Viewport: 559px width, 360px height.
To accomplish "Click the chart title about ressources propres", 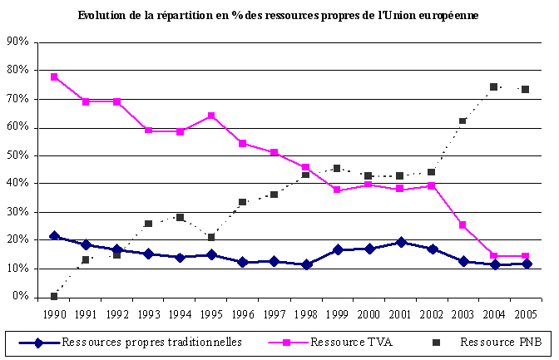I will tap(279, 16).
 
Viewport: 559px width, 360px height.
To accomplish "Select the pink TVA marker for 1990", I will tap(54, 76).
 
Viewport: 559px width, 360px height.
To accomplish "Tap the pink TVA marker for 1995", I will tap(211, 116).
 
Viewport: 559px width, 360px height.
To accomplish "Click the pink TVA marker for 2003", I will tap(463, 224).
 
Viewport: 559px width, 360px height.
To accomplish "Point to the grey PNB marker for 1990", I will tap(54, 296).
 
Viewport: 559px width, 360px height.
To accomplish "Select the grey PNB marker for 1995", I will tap(211, 237).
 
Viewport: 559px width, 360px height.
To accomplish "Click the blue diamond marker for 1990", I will tap(54, 236).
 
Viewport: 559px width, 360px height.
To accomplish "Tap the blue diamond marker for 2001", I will tap(400, 242).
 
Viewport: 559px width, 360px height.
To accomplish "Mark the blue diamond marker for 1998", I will tap(306, 264).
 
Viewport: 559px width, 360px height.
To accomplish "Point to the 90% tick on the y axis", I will tap(18, 42).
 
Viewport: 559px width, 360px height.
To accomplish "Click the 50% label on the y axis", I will tap(18, 155).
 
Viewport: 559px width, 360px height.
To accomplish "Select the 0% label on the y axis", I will tap(22, 297).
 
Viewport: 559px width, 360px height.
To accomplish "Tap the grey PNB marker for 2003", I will tap(463, 121).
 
